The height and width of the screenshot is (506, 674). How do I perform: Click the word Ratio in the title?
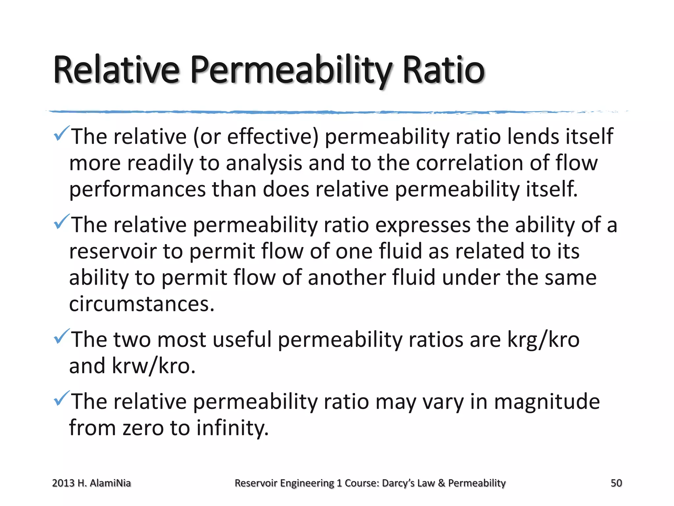pyautogui.click(x=443, y=70)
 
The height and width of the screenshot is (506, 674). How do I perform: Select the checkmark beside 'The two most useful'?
pyautogui.click(x=62, y=336)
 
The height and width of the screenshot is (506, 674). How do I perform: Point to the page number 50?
pyautogui.click(x=616, y=483)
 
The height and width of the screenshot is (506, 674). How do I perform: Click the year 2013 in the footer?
pyautogui.click(x=63, y=483)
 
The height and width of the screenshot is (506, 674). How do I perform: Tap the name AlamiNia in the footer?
pyautogui.click(x=110, y=483)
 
